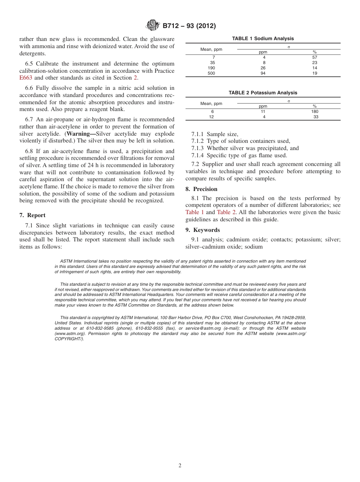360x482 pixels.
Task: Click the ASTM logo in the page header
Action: click(153, 26)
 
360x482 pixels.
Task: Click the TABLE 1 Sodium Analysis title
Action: click(263, 39)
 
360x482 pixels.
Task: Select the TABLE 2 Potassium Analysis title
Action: click(263, 93)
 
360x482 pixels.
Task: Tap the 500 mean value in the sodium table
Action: click(211, 74)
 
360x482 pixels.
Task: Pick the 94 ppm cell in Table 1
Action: click(263, 74)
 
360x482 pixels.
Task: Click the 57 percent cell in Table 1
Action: click(315, 57)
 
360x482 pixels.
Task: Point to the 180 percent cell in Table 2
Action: click(315, 112)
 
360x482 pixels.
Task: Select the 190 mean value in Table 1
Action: click(211, 68)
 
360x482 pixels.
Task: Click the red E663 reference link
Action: click(26, 78)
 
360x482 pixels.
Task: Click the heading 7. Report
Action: click(33, 215)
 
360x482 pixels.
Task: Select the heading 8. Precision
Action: click(201, 189)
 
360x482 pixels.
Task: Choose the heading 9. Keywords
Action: click(202, 230)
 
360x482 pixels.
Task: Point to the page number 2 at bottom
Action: click(180, 466)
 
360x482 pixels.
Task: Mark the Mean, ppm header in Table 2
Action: click(211, 103)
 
